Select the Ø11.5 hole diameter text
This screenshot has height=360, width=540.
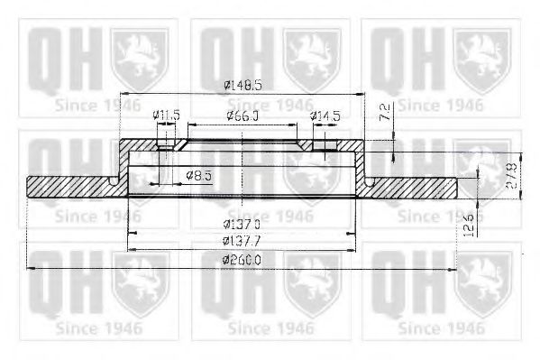[x=166, y=115]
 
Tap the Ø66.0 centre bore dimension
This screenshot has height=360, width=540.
[x=242, y=115]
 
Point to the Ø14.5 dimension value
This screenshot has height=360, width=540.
[x=325, y=115]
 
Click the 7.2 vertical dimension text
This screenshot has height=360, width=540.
[x=384, y=113]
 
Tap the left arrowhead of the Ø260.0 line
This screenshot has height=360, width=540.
[x=32, y=268]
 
